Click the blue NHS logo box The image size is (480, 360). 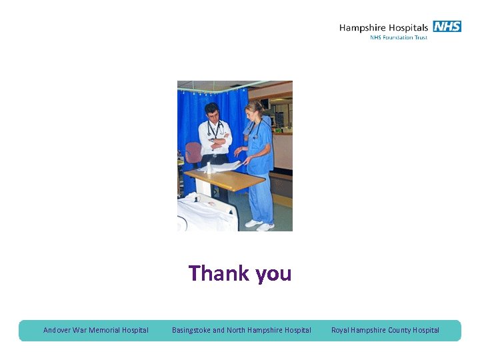[x=447, y=27]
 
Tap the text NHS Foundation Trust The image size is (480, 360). [x=399, y=37]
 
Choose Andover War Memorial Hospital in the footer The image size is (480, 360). [x=96, y=330]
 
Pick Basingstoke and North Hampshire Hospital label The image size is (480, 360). [x=241, y=330]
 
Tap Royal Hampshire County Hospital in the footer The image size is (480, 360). [x=385, y=330]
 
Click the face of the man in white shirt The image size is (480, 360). [x=213, y=113]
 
